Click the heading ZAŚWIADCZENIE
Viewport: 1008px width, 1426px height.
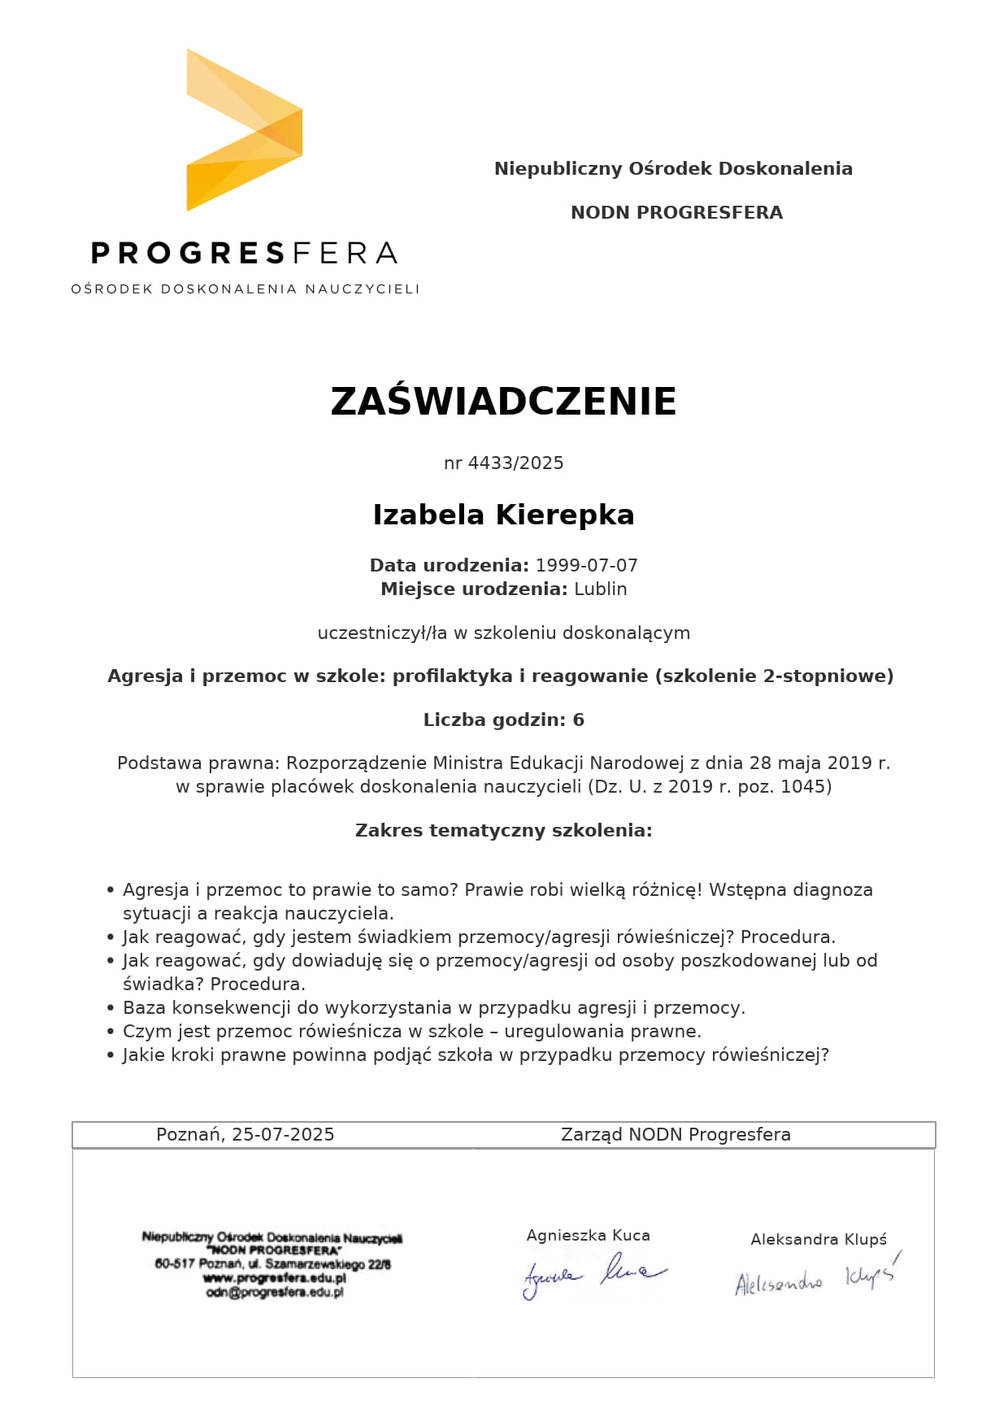click(x=503, y=402)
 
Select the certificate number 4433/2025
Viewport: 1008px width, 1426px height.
click(x=515, y=463)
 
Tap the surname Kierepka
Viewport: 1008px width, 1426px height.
click(x=565, y=515)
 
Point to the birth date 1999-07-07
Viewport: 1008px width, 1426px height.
click(x=586, y=566)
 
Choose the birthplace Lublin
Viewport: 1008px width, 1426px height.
click(x=601, y=589)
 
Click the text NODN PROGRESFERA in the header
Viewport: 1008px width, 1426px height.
click(x=676, y=213)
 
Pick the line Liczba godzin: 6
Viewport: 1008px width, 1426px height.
click(x=503, y=720)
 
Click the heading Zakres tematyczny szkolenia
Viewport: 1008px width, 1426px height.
click(x=503, y=831)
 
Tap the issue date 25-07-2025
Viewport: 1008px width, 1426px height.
click(x=283, y=1135)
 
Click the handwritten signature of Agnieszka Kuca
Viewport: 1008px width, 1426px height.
click(x=593, y=1273)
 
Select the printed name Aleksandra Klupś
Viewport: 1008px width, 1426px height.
click(x=819, y=1240)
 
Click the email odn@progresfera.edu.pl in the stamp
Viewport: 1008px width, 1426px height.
click(x=275, y=1293)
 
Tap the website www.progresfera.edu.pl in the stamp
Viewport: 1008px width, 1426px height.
click(x=275, y=1279)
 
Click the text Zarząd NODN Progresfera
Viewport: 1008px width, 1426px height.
click(x=676, y=1135)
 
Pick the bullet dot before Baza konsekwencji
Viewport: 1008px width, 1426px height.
click(x=111, y=1009)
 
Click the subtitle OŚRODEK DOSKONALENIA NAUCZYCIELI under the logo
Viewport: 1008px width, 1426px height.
click(x=245, y=289)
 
